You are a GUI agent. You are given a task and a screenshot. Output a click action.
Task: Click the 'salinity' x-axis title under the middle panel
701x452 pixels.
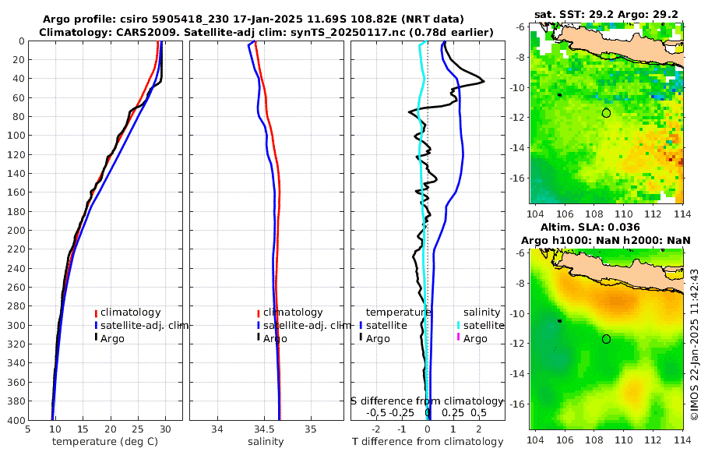tap(266, 442)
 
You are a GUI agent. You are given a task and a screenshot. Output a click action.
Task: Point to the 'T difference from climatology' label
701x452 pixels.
tap(428, 442)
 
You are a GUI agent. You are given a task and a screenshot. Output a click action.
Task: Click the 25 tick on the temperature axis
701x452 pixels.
tap(137, 429)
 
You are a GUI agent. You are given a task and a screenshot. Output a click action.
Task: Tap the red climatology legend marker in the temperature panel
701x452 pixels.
tap(96, 313)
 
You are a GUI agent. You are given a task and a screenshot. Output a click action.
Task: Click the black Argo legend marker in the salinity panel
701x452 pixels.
tap(258, 338)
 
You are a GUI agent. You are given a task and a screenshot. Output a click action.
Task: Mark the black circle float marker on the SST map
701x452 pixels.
tap(606, 113)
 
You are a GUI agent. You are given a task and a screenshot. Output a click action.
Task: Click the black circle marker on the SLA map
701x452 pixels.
tap(606, 339)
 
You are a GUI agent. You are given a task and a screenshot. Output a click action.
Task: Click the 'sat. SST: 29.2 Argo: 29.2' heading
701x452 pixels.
tap(606, 14)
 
